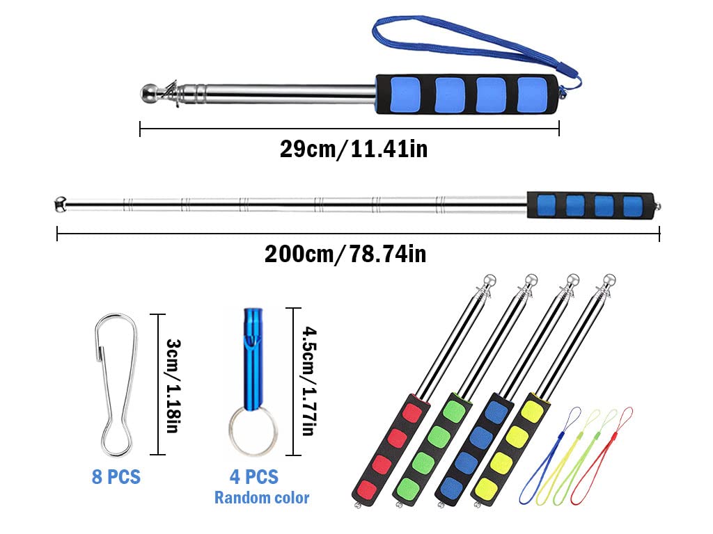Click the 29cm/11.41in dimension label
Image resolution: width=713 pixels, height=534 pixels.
354,149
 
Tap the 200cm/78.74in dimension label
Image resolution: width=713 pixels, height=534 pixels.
345,254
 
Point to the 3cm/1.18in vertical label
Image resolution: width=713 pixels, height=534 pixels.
173,385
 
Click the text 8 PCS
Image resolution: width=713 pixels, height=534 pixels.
116,477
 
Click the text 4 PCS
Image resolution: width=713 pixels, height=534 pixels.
254,477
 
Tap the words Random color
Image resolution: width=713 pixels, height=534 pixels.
262,498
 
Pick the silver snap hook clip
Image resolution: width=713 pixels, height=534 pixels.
116,385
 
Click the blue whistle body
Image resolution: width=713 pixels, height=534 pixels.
253,359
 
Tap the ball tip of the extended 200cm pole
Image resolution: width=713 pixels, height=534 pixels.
60,204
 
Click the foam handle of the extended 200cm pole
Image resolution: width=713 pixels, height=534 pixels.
590,205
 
